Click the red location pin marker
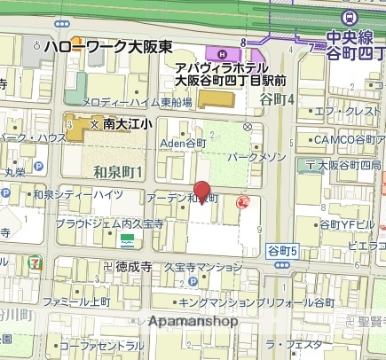coord(202,192)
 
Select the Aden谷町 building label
coord(183,142)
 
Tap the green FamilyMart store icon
coord(128,240)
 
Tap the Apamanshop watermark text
coord(194,321)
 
